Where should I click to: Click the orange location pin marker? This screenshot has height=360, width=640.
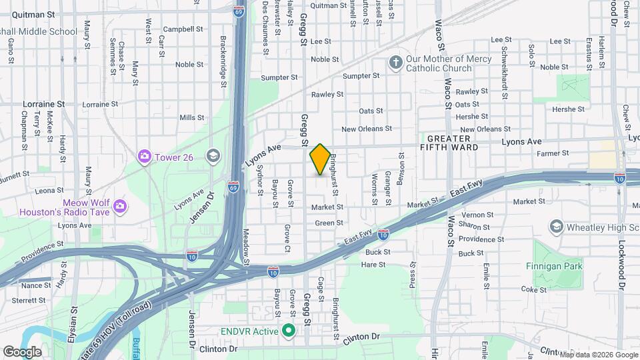[x=320, y=159]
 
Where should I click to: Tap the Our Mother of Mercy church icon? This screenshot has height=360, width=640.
[x=395, y=63]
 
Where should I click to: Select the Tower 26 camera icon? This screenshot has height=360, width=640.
[x=144, y=156]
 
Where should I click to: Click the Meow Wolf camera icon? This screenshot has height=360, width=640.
[x=120, y=204]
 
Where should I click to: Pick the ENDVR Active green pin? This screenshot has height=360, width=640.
[x=289, y=330]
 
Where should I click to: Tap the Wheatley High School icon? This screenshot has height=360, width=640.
[x=556, y=227]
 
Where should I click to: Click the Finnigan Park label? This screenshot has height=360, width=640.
[x=561, y=266]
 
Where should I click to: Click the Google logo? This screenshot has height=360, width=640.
[x=22, y=351]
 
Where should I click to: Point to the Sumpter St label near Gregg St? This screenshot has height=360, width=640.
[x=279, y=77]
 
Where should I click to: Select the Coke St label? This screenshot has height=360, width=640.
[x=534, y=289]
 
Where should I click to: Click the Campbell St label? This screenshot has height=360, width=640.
[x=183, y=29]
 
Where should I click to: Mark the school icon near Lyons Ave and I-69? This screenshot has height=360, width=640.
[x=213, y=156]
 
